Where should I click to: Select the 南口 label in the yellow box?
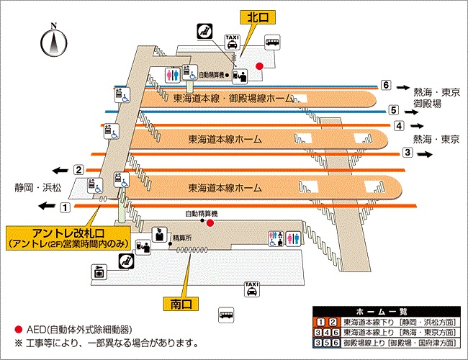181,304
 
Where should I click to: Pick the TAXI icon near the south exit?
251,288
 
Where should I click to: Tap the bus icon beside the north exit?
273,42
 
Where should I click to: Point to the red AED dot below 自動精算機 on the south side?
210,223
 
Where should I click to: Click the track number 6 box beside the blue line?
386,85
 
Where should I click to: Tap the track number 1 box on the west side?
65,207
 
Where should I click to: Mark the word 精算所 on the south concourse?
181,237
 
